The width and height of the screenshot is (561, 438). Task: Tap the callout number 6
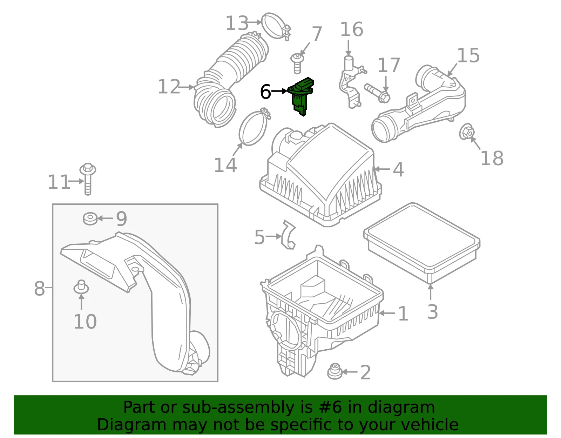(265, 92)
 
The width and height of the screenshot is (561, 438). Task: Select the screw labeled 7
(297, 63)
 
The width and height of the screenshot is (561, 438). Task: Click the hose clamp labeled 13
(276, 26)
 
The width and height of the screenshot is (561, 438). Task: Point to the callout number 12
(169, 87)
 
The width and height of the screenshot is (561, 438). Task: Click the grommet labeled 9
(90, 218)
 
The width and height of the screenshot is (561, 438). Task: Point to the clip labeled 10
(81, 287)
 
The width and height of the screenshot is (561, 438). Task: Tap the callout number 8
(40, 289)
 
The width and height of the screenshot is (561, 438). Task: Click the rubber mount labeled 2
(335, 371)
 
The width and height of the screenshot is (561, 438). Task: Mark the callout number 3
(433, 312)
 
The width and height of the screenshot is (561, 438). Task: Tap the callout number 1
(403, 314)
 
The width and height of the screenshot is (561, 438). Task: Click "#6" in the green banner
(330, 407)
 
